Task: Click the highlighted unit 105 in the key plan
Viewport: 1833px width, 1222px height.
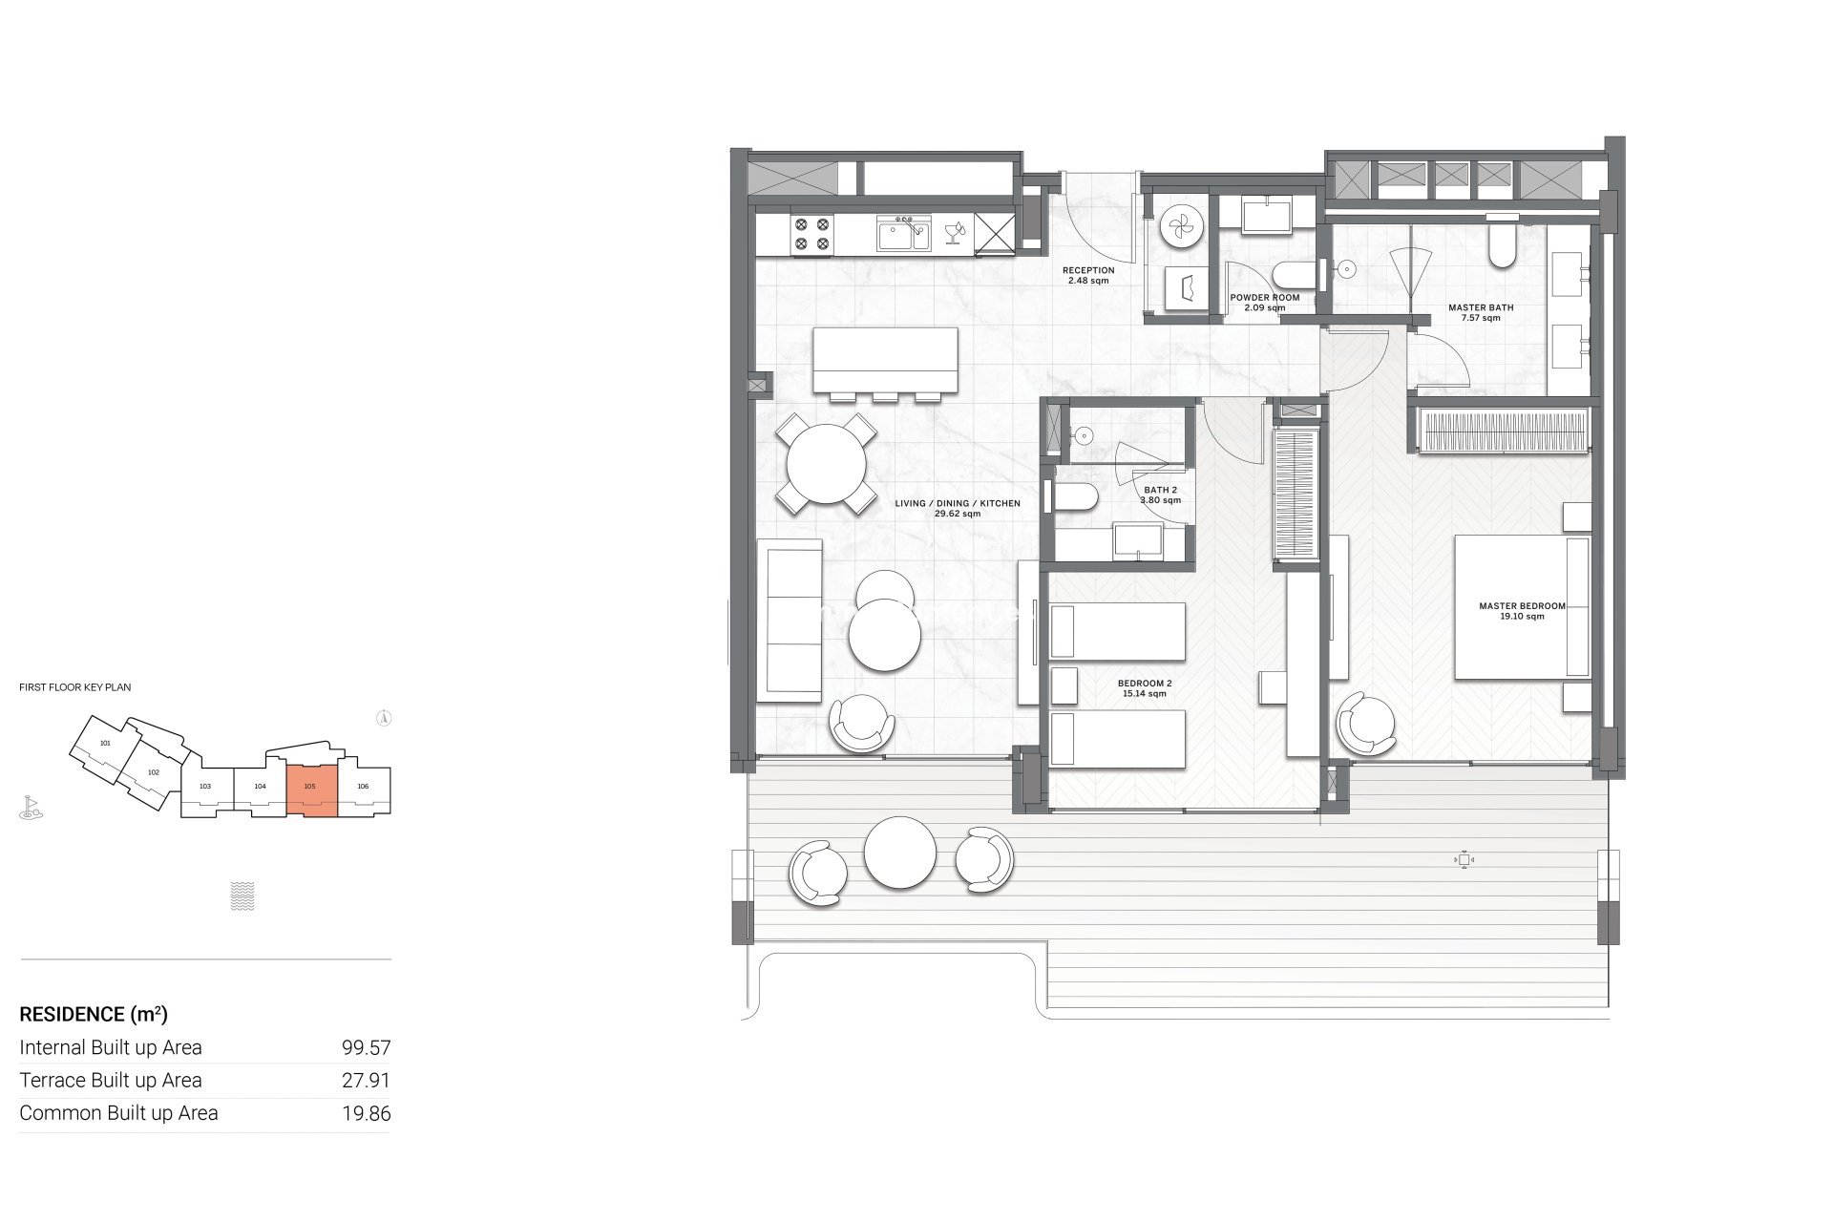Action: tap(312, 791)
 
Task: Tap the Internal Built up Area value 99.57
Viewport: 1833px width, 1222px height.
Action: tap(367, 1048)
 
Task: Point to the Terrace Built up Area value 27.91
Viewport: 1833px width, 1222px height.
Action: tap(367, 1081)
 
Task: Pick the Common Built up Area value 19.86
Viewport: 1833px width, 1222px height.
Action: tap(367, 1113)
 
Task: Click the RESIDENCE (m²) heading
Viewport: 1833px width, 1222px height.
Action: tap(94, 1014)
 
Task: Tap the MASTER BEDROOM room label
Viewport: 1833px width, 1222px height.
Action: tap(1522, 606)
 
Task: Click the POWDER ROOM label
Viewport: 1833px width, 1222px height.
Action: tap(1265, 298)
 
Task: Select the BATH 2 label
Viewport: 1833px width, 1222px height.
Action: tap(1160, 490)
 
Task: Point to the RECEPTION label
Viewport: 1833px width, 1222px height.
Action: tap(1088, 270)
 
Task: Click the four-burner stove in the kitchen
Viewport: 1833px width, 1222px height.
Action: tap(811, 235)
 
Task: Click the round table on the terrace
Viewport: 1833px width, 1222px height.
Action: tap(899, 853)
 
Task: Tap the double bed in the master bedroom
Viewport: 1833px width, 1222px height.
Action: tap(1522, 607)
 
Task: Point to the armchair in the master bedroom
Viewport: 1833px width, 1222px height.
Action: tap(1367, 724)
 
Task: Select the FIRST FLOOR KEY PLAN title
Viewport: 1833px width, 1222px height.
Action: tap(75, 687)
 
